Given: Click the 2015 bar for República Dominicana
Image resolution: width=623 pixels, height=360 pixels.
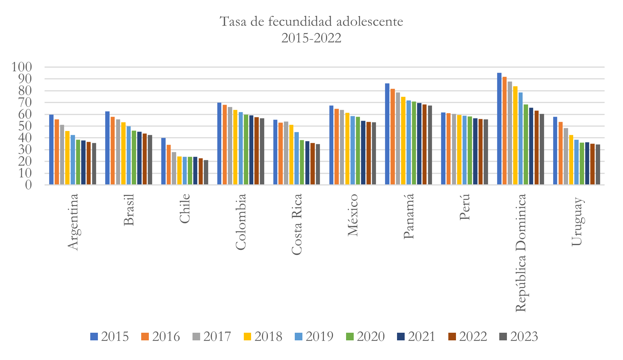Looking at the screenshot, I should tap(499, 129).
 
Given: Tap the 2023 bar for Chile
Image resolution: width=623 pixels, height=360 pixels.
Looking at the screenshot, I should tap(206, 172).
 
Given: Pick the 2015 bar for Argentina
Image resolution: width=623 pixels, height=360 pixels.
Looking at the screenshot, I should tap(51, 149).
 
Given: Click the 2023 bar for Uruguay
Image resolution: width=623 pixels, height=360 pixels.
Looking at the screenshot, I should tap(598, 164).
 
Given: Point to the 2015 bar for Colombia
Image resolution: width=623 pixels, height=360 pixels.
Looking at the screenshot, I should tap(219, 144).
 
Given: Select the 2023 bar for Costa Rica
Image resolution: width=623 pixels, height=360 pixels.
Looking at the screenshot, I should tap(318, 164).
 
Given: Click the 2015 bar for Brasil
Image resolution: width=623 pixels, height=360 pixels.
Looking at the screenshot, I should tap(107, 148).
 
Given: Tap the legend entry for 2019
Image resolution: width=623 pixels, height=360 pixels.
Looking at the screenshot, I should tap(314, 336).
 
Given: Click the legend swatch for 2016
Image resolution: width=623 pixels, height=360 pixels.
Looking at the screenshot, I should tap(145, 336).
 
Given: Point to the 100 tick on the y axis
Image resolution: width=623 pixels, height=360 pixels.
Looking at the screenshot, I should tap(22, 67).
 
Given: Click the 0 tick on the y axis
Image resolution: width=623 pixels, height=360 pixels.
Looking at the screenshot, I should tap(28, 185).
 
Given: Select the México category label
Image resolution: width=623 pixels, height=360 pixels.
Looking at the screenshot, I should tap(353, 215).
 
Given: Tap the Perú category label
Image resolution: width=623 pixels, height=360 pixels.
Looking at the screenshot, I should tap(464, 207).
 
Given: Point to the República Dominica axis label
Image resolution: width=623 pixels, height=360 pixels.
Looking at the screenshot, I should tap(521, 253).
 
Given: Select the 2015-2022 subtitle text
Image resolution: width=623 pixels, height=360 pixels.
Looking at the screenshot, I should tap(311, 38).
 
